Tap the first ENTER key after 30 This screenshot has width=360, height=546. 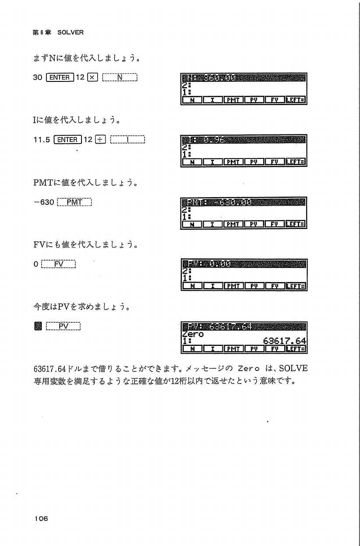click(x=58, y=78)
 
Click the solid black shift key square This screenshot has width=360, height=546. click(x=37, y=326)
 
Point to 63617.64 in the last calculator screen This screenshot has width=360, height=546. click(x=284, y=341)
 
